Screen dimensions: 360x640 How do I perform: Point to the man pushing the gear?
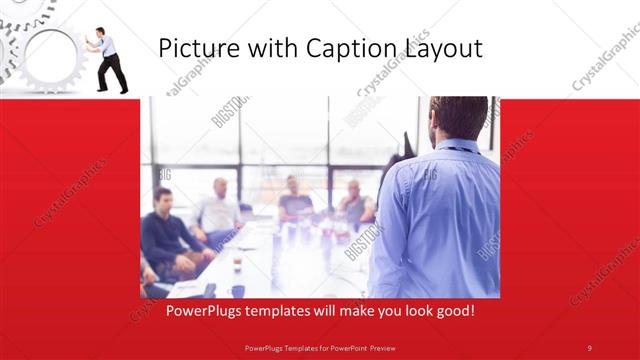108,58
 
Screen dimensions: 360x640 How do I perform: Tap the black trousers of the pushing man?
112,73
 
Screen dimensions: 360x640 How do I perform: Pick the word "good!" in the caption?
453,312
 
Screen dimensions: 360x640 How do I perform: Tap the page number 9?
589,347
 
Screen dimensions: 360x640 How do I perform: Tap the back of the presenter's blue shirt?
440,220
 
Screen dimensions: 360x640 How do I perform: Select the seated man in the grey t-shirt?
295,200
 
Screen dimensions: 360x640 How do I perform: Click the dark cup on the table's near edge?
237,290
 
